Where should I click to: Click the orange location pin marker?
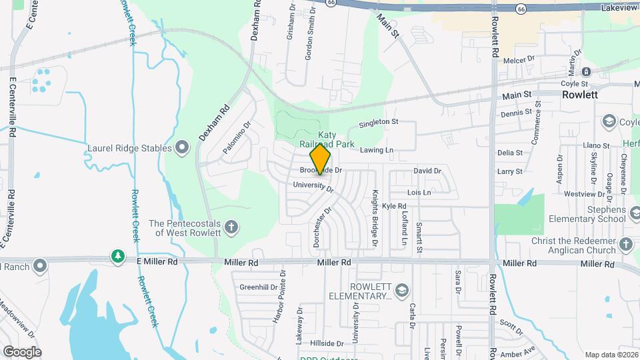(x=321, y=159)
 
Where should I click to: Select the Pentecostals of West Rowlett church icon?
(x=231, y=228)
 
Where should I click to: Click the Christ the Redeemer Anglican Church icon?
(x=625, y=245)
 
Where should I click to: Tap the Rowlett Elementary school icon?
(x=401, y=291)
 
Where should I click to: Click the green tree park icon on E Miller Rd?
(x=118, y=257)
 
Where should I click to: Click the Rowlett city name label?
(x=579, y=95)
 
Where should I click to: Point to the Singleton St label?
(x=378, y=123)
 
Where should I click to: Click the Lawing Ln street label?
(x=377, y=151)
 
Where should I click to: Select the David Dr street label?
(x=427, y=171)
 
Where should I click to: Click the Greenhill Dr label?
(x=258, y=288)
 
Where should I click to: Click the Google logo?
(x=22, y=351)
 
